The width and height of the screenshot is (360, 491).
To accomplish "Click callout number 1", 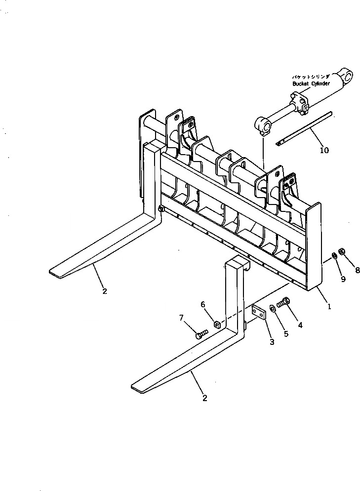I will tap(329, 306).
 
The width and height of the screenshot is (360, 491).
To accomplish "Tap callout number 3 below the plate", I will tap(272, 342).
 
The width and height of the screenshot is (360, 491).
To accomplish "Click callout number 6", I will tap(202, 304).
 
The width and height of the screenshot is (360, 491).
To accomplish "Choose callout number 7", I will tap(181, 317).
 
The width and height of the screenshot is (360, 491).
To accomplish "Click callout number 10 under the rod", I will tap(324, 150).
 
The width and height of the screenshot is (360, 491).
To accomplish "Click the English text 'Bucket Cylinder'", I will tap(310, 84).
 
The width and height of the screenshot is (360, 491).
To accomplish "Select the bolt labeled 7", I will tap(199, 335).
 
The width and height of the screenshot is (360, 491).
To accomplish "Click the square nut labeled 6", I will tap(216, 324).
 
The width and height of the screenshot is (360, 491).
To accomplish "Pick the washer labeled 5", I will tap(273, 309).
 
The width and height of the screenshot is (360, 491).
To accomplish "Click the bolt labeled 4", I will tap(283, 302).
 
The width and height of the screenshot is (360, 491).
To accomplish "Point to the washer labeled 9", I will tap(334, 255).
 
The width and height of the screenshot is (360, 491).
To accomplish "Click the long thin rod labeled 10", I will tap(304, 129).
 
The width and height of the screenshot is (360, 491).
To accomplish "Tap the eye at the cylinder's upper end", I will tap(347, 76).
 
